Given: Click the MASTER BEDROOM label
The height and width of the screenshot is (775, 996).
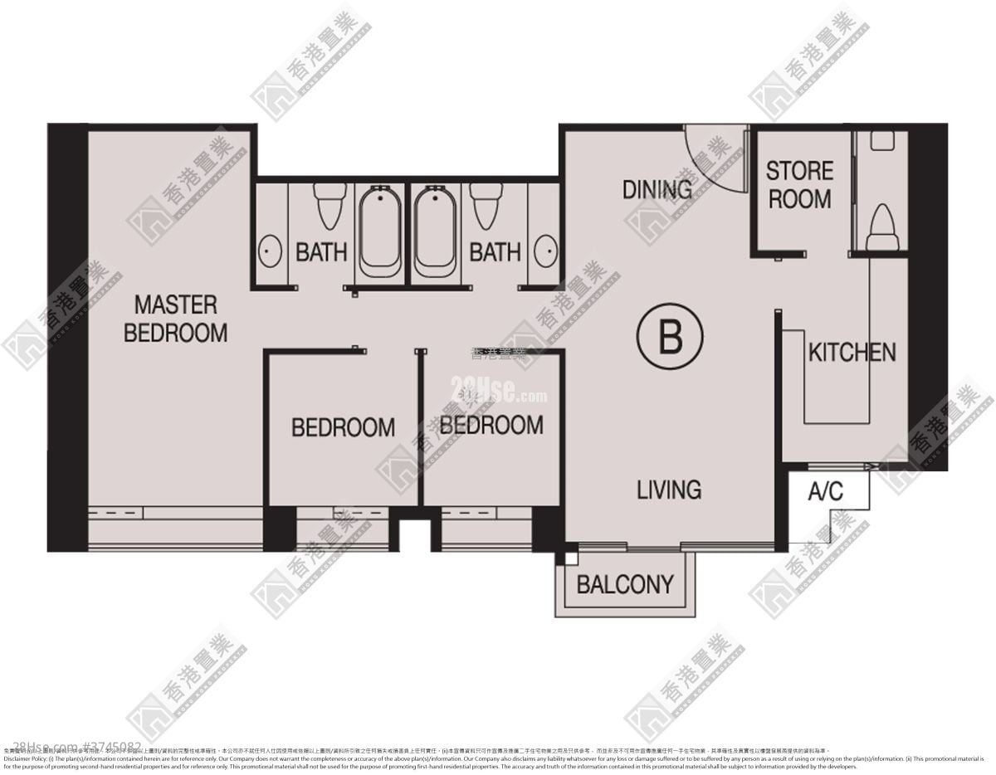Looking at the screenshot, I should click(175, 319).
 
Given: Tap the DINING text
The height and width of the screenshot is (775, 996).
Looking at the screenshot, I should click(657, 189).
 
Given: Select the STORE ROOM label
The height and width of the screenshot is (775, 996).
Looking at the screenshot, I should click(799, 185).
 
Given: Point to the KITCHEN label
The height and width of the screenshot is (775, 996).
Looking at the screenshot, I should click(852, 352).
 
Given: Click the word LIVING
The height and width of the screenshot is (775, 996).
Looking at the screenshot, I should click(669, 490).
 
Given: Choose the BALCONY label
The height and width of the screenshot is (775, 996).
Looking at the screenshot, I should click(625, 584).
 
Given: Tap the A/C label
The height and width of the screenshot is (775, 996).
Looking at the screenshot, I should click(825, 492).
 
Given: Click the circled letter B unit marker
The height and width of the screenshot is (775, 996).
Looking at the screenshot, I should click(670, 338).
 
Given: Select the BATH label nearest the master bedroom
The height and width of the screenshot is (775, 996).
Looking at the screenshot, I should click(321, 252).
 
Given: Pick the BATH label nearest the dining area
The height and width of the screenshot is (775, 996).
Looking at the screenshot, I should click(495, 252).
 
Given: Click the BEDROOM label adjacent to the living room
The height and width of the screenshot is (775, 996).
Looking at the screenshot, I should click(491, 425).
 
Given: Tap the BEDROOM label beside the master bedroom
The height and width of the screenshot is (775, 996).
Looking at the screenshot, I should click(343, 427).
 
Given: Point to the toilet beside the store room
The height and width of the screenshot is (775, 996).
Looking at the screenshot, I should click(881, 229).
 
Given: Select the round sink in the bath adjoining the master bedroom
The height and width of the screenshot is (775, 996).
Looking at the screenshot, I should click(269, 250).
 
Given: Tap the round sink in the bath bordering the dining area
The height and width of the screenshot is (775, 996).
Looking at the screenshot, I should click(545, 250).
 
